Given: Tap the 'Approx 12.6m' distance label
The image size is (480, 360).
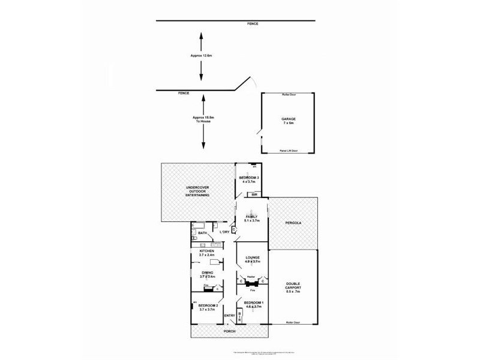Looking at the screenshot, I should coord(202,55).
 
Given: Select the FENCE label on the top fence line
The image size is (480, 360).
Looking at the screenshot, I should coord(253,23).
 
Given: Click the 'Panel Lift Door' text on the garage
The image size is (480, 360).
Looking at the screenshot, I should coord(289,151).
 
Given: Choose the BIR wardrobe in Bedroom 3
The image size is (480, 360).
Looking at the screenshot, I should coord(254,195).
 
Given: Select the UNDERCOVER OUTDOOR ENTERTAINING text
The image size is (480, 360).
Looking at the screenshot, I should coord(197,192).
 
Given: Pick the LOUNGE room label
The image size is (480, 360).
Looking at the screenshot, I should coord(252,259).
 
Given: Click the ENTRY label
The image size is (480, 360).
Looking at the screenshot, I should coord(229,316).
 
